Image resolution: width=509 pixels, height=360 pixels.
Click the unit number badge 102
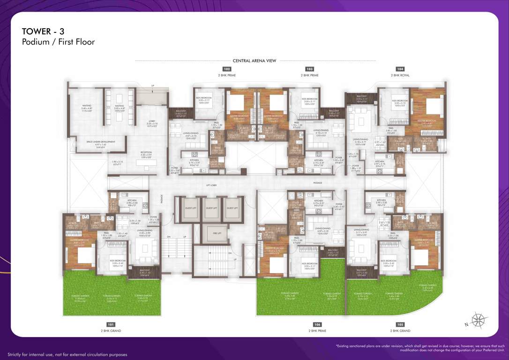pyautogui.click(x=227, y=69)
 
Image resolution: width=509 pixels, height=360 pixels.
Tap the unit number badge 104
pyautogui.click(x=400, y=69)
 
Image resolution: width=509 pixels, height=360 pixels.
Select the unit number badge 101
pyautogui.click(x=111, y=324)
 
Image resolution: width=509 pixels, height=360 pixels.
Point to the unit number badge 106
pyautogui.click(x=317, y=324)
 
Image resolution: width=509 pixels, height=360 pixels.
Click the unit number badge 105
pyautogui.click(x=400, y=324)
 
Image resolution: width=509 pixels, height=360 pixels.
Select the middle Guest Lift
pyautogui.click(x=211, y=208)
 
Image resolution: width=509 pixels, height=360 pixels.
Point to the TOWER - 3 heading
pyautogui.click(x=43, y=31)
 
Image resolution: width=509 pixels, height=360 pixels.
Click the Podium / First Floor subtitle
pyautogui.click(x=58, y=42)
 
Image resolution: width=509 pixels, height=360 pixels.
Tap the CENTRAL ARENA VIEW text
pyautogui.click(x=254, y=60)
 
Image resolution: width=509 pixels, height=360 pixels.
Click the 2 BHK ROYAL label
pyautogui.click(x=400, y=75)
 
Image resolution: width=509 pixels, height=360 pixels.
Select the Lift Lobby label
pyautogui.click(x=211, y=186)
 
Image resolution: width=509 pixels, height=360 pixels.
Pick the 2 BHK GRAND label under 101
pyautogui.click(x=111, y=331)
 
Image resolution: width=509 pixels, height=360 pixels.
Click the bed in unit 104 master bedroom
pyautogui.click(x=434, y=106)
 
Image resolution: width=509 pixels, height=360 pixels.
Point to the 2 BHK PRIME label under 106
pyautogui.click(x=317, y=331)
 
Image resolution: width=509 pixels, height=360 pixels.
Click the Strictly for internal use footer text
pyautogui.click(x=67, y=354)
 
